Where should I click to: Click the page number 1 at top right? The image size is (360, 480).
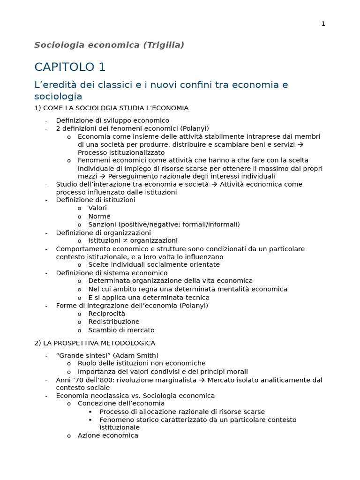[323, 24]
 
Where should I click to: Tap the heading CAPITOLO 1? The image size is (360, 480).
[70, 67]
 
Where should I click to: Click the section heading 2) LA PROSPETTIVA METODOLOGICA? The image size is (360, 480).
[95, 343]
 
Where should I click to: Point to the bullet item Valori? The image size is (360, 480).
[97, 208]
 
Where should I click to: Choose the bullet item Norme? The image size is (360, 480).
[99, 217]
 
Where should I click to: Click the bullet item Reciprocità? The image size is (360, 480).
[107, 314]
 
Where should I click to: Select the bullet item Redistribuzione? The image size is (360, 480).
[114, 322]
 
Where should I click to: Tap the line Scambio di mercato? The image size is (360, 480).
[121, 330]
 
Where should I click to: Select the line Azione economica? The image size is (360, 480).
[108, 435]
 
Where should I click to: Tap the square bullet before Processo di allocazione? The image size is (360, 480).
[90, 412]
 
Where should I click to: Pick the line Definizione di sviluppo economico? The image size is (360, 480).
[112, 120]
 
